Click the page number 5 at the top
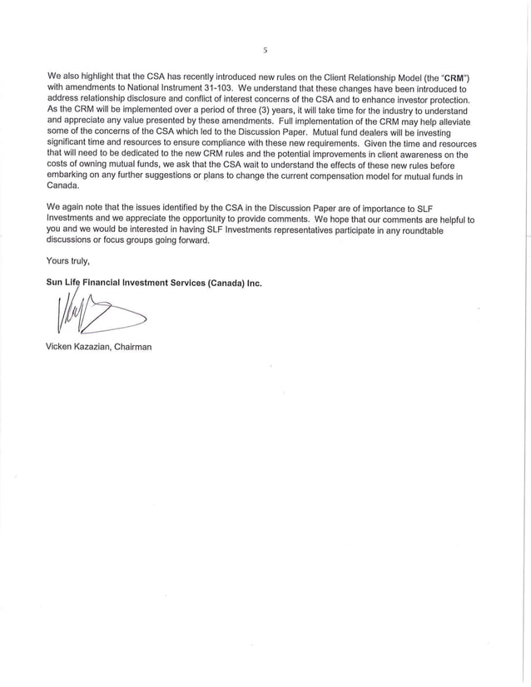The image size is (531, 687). point(265,51)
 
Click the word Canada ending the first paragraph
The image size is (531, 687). point(65,187)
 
